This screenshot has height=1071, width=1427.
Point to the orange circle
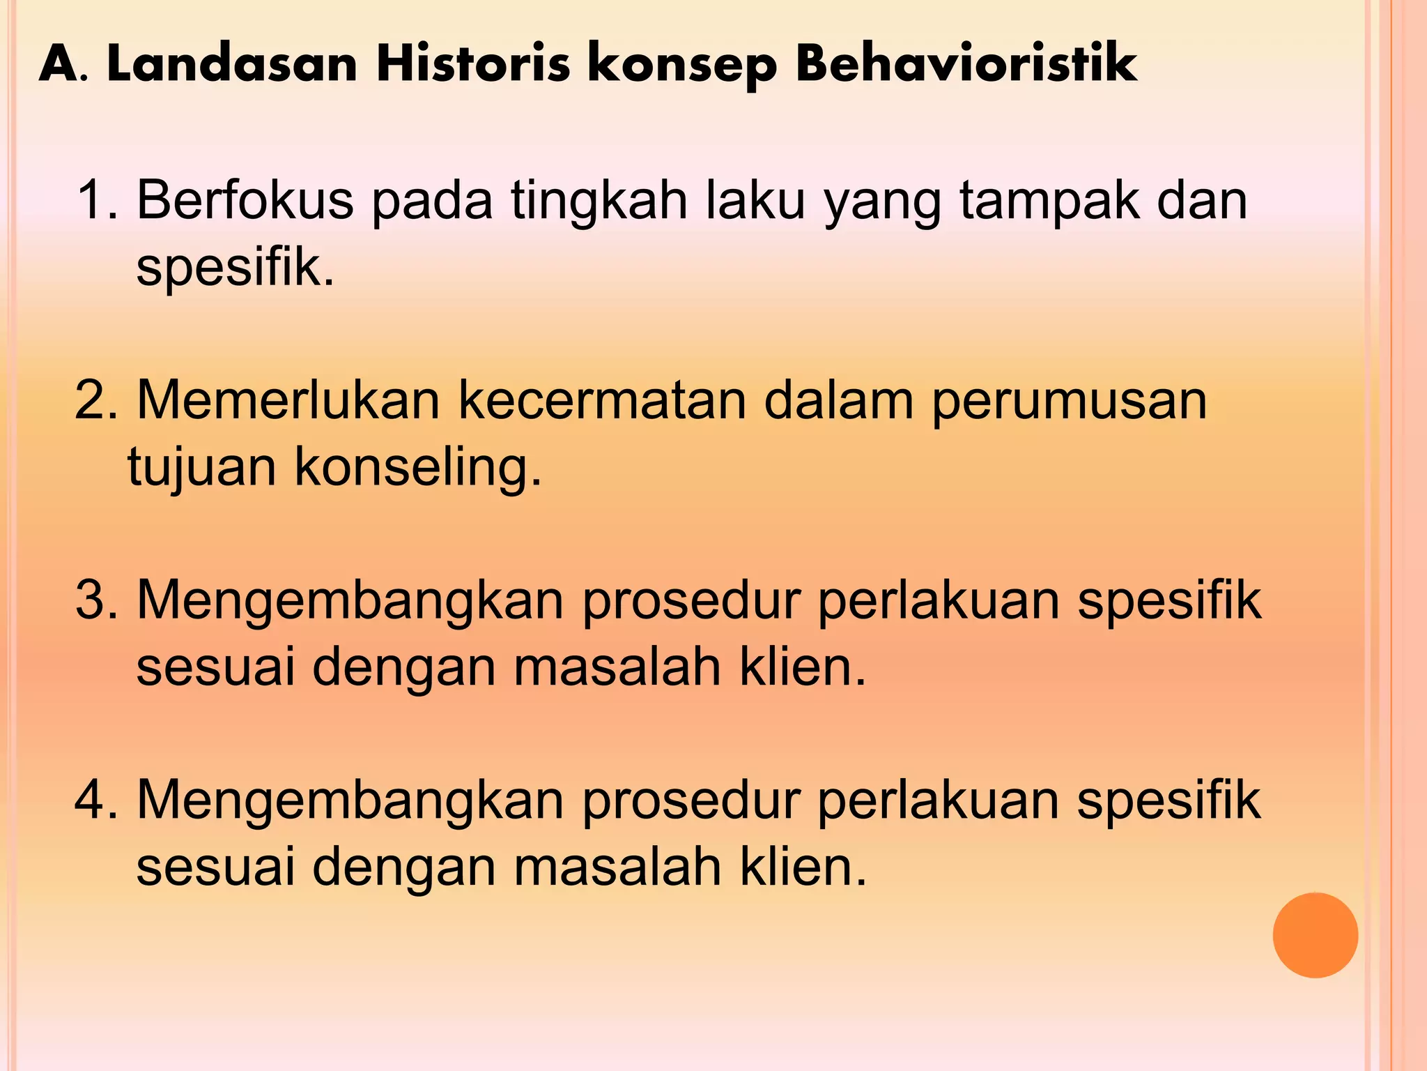click(x=1315, y=935)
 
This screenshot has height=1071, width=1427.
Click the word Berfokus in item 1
click(x=245, y=201)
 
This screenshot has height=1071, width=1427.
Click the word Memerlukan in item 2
click(x=288, y=402)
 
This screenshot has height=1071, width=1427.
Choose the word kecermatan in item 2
click(x=601, y=402)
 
